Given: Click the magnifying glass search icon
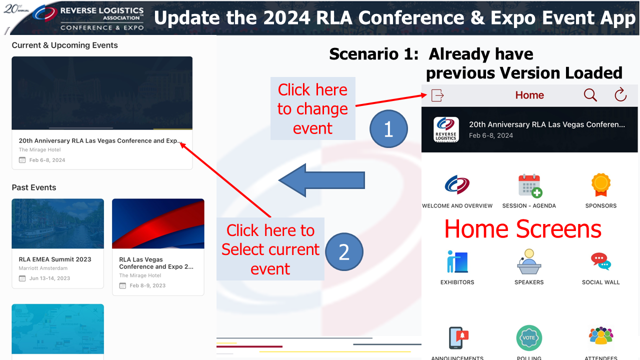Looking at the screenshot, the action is [x=590, y=95].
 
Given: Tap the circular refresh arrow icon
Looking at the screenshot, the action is [x=620, y=94].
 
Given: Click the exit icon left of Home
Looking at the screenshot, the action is [x=437, y=95].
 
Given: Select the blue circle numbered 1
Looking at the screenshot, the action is [x=388, y=129].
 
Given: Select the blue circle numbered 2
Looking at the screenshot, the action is [x=344, y=251].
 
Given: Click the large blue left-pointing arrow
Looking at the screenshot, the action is [x=321, y=180].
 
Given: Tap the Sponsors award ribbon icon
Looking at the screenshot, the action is [x=601, y=185].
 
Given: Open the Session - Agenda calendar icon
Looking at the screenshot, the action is [x=530, y=185].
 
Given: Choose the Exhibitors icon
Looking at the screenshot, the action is [x=457, y=261].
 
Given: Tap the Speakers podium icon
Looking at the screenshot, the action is [x=529, y=261].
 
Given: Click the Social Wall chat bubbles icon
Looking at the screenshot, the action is [x=601, y=261].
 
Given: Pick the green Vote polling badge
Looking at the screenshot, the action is [x=529, y=337].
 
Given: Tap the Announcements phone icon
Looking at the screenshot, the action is [x=458, y=337].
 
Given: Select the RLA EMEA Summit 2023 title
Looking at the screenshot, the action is [x=55, y=259].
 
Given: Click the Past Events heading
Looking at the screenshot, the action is [x=33, y=187].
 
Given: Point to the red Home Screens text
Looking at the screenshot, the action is [x=523, y=229].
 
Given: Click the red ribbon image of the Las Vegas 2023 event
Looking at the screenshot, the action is [x=158, y=223].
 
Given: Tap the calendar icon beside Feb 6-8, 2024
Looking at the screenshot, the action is [x=22, y=160].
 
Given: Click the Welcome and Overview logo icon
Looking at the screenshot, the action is [x=457, y=185].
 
